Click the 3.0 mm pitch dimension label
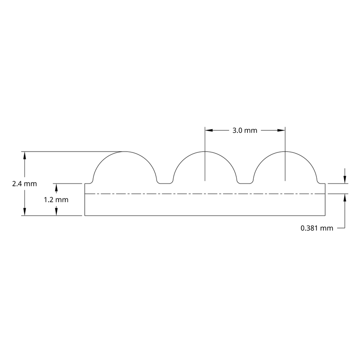(x=245, y=130)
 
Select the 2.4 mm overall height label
(x=11, y=184)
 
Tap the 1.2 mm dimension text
(x=56, y=199)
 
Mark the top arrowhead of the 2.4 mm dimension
(x=25, y=156)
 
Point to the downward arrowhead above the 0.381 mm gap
(x=344, y=179)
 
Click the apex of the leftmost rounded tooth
(x=125, y=152)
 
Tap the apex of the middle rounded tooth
(x=205, y=152)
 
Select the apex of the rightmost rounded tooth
(x=285, y=152)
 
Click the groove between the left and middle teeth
(x=165, y=183)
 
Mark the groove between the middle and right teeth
(x=245, y=183)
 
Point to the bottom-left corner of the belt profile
(x=85, y=216)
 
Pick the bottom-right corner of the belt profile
(x=326, y=216)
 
